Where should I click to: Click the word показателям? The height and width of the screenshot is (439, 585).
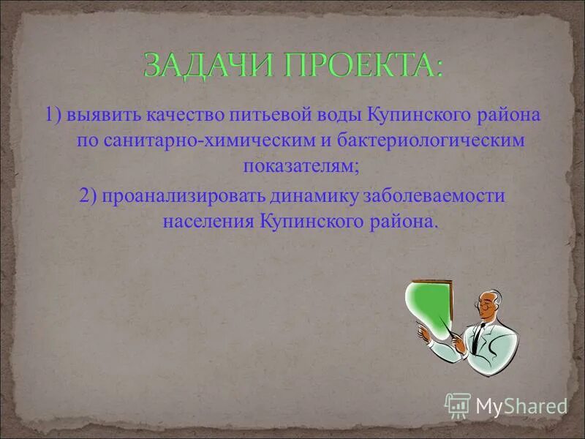[300, 166]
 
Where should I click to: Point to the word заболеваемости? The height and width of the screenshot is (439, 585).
[441, 196]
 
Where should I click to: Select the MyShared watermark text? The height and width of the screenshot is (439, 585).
[521, 405]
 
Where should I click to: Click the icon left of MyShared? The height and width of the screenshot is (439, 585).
[458, 404]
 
